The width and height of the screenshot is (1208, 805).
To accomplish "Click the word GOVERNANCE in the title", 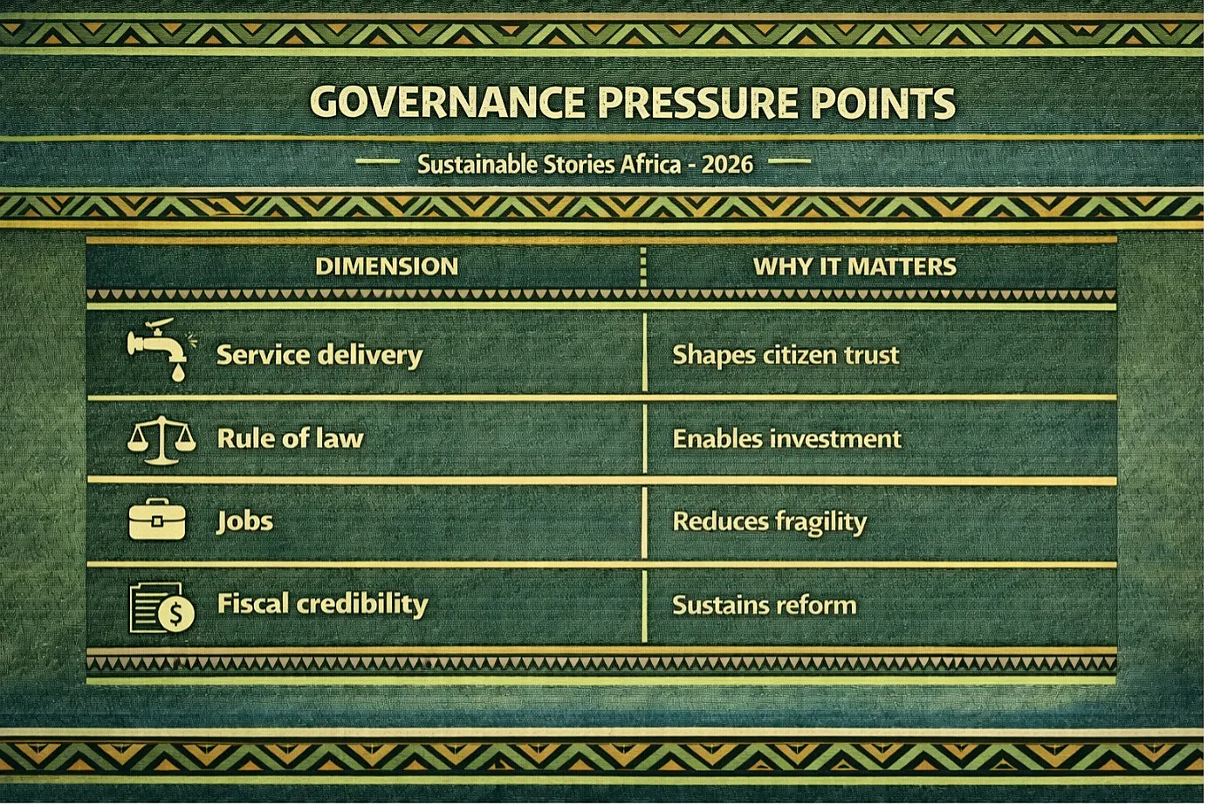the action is (x=448, y=101).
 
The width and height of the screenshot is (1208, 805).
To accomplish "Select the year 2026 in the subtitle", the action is (x=727, y=164).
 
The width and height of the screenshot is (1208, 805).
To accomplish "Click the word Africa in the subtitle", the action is (x=651, y=164).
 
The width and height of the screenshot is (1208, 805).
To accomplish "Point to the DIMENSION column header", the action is (x=387, y=266).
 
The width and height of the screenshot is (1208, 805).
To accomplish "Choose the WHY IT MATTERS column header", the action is (x=855, y=266).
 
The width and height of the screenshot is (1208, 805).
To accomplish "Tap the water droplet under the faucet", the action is (x=177, y=372).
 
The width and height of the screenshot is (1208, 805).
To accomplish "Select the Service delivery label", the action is (x=319, y=355).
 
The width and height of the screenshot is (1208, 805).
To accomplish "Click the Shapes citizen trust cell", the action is (x=786, y=355).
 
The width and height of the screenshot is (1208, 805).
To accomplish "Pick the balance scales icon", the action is (x=161, y=439).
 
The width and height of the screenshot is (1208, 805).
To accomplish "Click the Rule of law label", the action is (x=290, y=438).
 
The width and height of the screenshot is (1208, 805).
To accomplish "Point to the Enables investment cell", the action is (x=786, y=438).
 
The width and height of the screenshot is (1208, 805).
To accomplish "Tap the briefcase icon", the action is (x=157, y=519).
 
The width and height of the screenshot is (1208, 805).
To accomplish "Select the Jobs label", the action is (x=244, y=522).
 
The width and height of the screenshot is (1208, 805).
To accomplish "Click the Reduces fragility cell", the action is (x=770, y=522).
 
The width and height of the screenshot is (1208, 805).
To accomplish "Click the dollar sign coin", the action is (x=175, y=614).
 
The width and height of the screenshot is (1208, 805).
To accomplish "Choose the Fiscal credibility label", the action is (x=322, y=604).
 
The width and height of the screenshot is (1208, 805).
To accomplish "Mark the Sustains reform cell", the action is (x=765, y=605).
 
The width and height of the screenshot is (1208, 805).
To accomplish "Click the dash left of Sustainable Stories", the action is (x=377, y=161).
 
